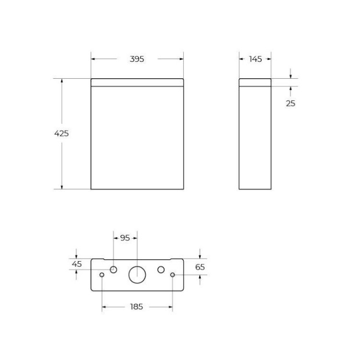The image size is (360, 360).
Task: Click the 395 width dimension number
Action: point(137,59)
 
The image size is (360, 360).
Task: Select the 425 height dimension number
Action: point(61,133)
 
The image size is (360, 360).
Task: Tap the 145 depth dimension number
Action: point(255,59)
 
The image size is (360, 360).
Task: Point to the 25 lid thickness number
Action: point(290,103)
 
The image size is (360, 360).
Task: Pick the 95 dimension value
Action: point(125,238)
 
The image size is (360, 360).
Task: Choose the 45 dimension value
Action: point(76,264)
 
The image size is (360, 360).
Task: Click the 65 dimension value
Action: point(200,267)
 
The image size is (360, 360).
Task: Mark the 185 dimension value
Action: point(137,306)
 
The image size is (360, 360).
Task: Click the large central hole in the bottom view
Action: point(137,274)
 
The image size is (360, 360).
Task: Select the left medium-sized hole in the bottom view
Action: point(114,270)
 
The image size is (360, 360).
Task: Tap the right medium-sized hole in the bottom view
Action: point(161,270)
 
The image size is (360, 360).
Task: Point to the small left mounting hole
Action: point(102,275)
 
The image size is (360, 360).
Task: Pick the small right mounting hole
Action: point(173,275)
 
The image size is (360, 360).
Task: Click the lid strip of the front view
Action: point(137,82)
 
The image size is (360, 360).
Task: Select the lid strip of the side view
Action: point(255,82)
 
